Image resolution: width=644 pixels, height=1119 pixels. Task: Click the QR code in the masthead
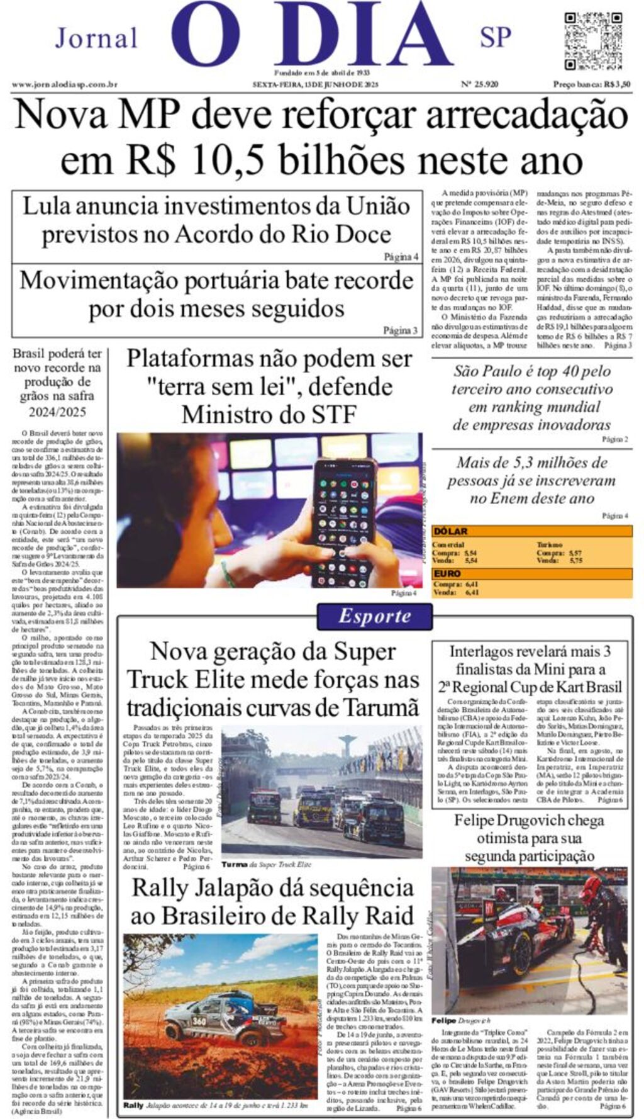point(593,42)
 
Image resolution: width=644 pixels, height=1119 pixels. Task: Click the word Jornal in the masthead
point(96,38)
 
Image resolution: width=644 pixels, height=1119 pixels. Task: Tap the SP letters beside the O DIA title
point(496,37)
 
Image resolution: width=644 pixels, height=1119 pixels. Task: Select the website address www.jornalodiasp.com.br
point(64,84)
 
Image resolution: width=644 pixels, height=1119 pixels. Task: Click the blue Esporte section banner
point(375,616)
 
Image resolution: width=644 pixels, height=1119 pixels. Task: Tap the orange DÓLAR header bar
point(531,531)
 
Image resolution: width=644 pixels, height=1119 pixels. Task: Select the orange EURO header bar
point(531,573)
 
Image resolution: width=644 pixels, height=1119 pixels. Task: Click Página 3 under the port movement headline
point(400,330)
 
